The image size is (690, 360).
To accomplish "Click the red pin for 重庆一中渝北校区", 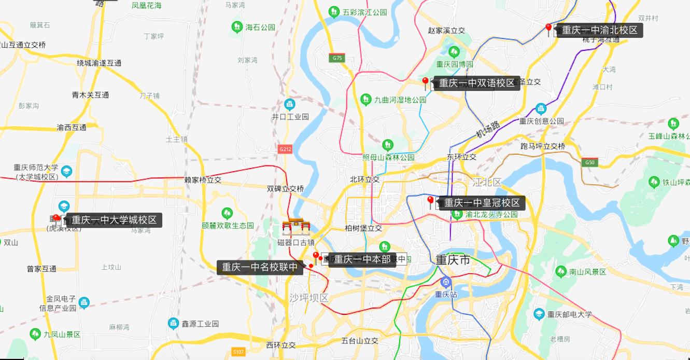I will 548,27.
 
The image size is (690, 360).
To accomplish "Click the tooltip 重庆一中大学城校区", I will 114,220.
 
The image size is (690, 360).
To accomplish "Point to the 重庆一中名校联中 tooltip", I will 260,267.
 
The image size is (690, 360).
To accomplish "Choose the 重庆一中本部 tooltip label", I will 362,259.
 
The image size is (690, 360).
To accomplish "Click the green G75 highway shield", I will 337,58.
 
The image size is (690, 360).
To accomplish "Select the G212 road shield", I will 285,149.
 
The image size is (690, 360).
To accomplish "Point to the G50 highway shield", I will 589,162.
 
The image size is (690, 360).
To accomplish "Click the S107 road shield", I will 238,352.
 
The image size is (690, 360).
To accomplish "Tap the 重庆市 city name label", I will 453,260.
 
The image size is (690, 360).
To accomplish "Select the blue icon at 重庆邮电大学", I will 539,314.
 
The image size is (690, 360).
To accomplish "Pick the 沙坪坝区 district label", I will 309,298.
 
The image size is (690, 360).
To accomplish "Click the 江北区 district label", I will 487,182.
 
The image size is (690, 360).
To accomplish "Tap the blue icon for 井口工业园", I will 290,104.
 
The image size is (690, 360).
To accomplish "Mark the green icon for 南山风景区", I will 560,271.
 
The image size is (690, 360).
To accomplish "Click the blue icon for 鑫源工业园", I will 173,324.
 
